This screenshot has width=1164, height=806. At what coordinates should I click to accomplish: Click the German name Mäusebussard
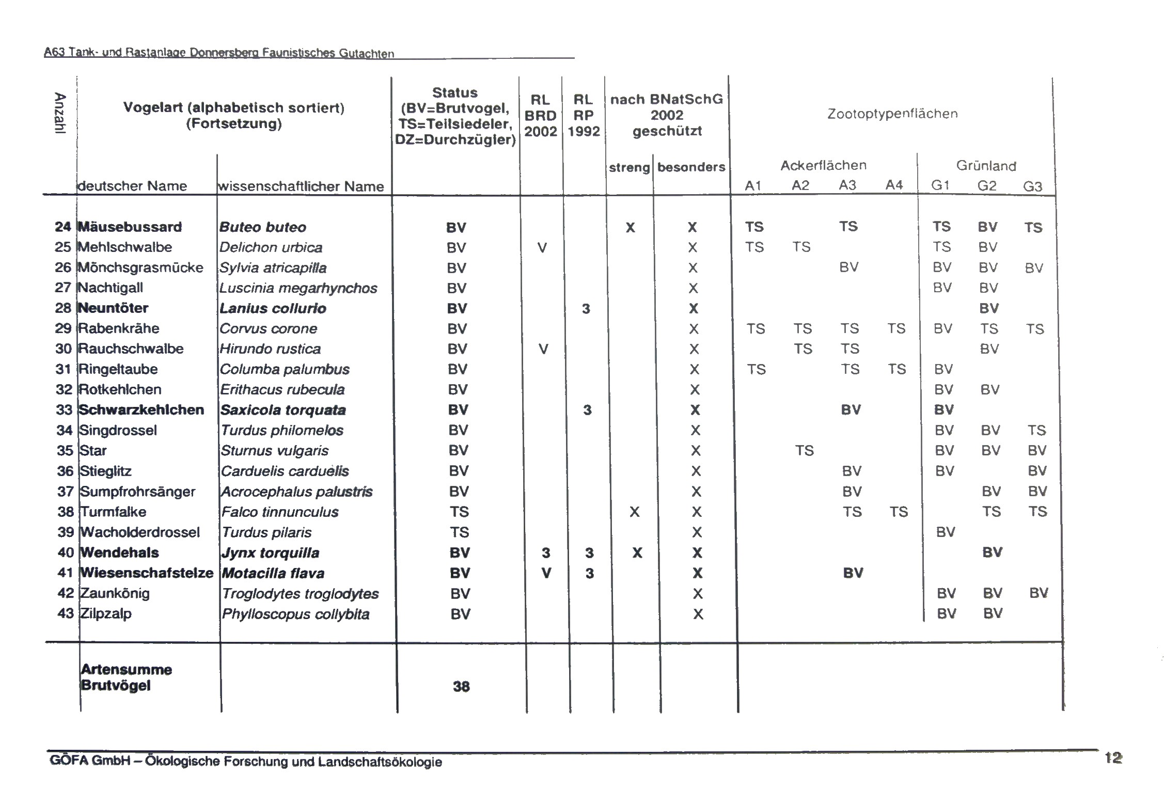pyautogui.click(x=130, y=227)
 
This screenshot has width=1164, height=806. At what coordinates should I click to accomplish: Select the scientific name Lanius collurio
pyautogui.click(x=273, y=309)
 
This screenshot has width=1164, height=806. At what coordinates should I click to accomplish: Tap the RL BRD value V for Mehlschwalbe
pyautogui.click(x=541, y=248)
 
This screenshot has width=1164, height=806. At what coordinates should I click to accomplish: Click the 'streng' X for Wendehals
pyautogui.click(x=637, y=553)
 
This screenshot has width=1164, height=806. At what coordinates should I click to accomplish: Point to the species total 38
pyautogui.click(x=461, y=686)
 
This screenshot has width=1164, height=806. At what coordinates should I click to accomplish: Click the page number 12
pyautogui.click(x=1113, y=758)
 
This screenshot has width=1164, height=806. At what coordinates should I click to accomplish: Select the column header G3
pyautogui.click(x=1032, y=186)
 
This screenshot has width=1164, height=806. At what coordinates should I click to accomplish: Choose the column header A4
pyautogui.click(x=894, y=185)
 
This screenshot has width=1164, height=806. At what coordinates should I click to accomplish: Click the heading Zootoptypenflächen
pyautogui.click(x=892, y=114)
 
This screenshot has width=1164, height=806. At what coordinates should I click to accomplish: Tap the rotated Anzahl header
pyautogui.click(x=60, y=113)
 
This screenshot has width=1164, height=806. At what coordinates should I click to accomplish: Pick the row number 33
pyautogui.click(x=64, y=410)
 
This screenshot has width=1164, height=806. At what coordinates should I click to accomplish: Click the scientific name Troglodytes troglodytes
pyautogui.click(x=300, y=594)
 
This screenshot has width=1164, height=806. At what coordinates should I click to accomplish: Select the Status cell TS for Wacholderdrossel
pyautogui.click(x=459, y=532)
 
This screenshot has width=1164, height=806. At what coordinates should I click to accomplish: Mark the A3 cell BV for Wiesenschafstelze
pyautogui.click(x=853, y=573)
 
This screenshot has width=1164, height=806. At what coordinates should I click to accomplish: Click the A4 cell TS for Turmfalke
pyautogui.click(x=899, y=512)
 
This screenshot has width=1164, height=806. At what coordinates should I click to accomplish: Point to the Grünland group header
pyautogui.click(x=986, y=166)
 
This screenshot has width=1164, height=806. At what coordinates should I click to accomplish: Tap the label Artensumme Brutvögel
pyautogui.click(x=126, y=677)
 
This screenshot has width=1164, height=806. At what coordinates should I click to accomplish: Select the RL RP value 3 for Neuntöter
pyautogui.click(x=586, y=309)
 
